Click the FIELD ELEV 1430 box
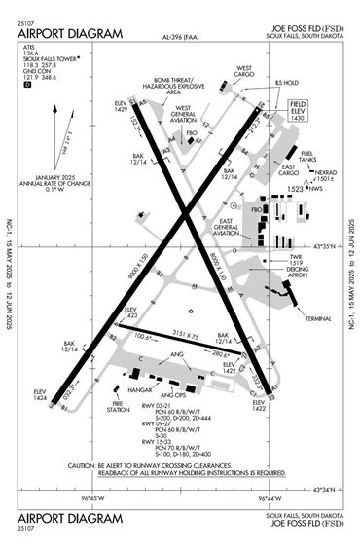(x=297, y=109)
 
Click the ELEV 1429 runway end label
(x=122, y=106)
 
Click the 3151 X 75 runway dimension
(x=163, y=333)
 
